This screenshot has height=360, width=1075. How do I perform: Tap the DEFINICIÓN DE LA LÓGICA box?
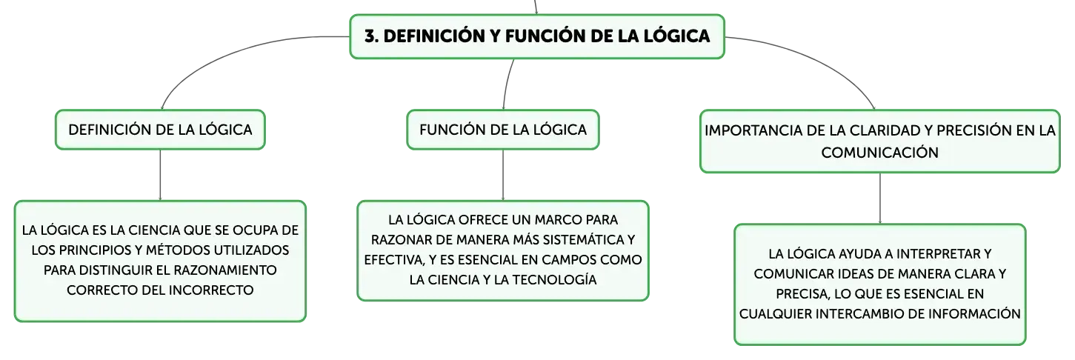(160, 130)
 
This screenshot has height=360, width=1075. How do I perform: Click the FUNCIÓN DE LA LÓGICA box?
(503, 130)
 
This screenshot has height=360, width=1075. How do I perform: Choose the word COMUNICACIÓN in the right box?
(879, 153)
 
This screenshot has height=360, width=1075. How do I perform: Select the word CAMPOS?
(567, 260)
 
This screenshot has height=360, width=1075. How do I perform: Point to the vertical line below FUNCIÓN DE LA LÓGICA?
(503, 175)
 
